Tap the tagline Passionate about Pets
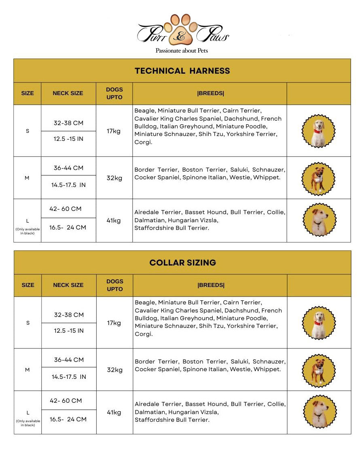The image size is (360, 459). point(182,51)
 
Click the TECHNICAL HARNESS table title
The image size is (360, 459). point(182,71)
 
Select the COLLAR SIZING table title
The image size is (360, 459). point(182,263)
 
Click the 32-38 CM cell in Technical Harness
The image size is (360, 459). point(69,123)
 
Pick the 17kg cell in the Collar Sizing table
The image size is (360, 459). point(114,323)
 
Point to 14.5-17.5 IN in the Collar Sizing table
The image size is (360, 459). point(69,377)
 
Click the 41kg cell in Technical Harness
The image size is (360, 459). point(114,221)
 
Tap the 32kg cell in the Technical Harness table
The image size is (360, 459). point(114,178)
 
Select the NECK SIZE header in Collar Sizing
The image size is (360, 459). point(68,285)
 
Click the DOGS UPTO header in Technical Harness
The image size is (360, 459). point(114,93)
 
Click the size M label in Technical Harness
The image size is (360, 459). point(27,178)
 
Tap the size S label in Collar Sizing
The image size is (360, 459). point(28,323)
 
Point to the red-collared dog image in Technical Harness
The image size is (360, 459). point(319,131)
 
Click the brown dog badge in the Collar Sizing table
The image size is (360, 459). point(319,370)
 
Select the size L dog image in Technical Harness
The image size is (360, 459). point(319,220)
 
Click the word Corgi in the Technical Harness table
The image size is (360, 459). point(143,142)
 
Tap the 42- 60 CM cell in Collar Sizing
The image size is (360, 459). point(66,401)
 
